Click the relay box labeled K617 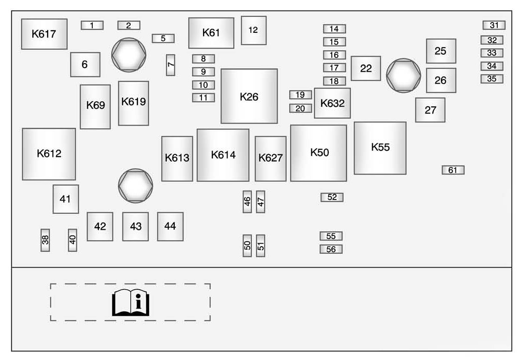(x=44, y=34)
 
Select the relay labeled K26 (x=249, y=96)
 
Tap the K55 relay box (x=380, y=148)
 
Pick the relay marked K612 (x=49, y=154)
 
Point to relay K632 (x=332, y=103)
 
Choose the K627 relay (x=270, y=158)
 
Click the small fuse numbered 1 (x=92, y=25)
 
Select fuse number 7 (x=171, y=65)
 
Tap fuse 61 (x=453, y=170)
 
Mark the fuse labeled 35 (x=492, y=79)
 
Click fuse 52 (x=332, y=197)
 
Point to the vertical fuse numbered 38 (x=45, y=240)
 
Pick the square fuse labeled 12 (x=253, y=30)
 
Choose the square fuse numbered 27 (x=430, y=110)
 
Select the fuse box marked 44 (x=170, y=226)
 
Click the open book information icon (x=130, y=302)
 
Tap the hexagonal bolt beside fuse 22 (x=404, y=75)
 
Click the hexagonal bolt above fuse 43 (x=135, y=185)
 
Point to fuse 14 (x=334, y=29)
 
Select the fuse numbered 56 (x=331, y=249)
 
